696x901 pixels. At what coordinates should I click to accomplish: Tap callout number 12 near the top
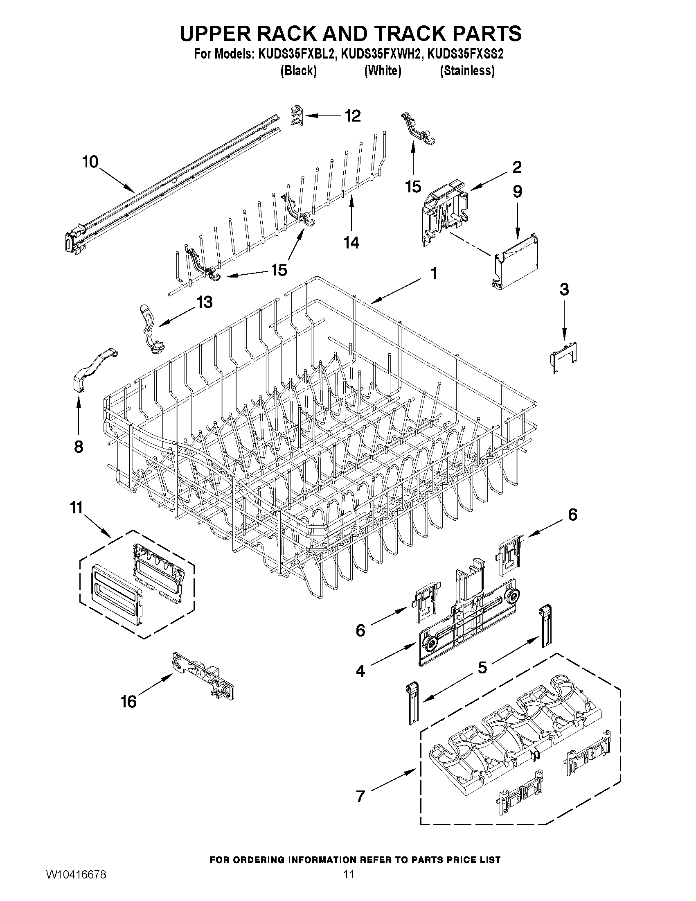(x=352, y=116)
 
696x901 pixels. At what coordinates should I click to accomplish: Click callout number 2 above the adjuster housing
(x=517, y=167)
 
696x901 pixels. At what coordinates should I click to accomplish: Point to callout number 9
(x=517, y=192)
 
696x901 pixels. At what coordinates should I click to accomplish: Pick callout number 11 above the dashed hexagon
(x=76, y=508)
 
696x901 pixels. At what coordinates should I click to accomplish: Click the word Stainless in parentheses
(x=467, y=71)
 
